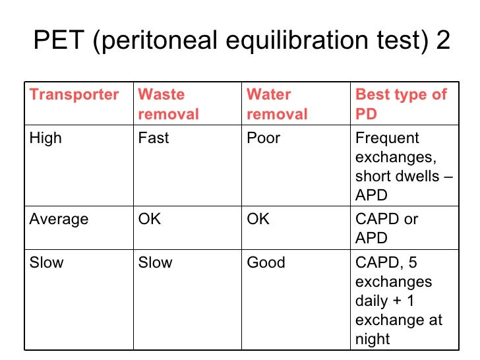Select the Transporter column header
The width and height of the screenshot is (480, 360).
click(74, 95)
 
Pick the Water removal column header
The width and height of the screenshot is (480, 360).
click(277, 104)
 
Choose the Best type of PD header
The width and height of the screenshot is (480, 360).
click(401, 104)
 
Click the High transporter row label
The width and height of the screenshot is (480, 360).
click(45, 138)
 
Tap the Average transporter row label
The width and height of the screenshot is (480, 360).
click(59, 220)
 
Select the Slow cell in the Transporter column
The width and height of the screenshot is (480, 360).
click(47, 262)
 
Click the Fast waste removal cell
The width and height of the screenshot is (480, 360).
click(153, 138)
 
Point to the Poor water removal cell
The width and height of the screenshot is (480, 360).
click(263, 138)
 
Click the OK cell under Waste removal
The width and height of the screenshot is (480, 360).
click(149, 220)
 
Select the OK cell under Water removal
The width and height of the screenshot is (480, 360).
click(258, 220)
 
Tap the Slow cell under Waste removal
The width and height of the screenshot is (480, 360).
click(155, 262)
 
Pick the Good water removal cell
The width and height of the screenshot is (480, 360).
click(266, 262)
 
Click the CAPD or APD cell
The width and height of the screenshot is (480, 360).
click(386, 228)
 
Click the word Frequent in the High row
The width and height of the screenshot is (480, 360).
click(387, 138)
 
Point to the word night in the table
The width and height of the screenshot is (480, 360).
click(373, 340)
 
